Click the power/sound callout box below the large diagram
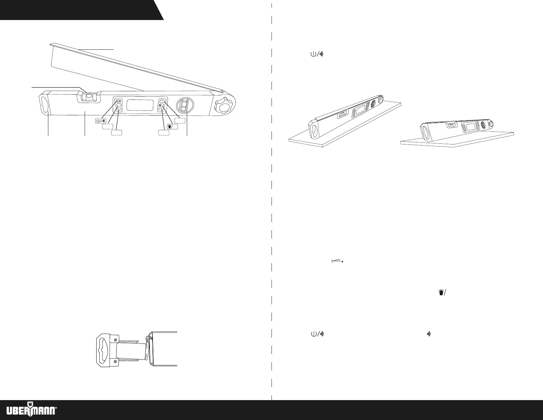(x=101, y=121)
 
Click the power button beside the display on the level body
(x=119, y=101)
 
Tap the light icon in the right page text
(x=443, y=292)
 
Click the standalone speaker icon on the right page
(x=428, y=333)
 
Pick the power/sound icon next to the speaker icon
(x=317, y=333)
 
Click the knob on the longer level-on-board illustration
(x=379, y=101)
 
